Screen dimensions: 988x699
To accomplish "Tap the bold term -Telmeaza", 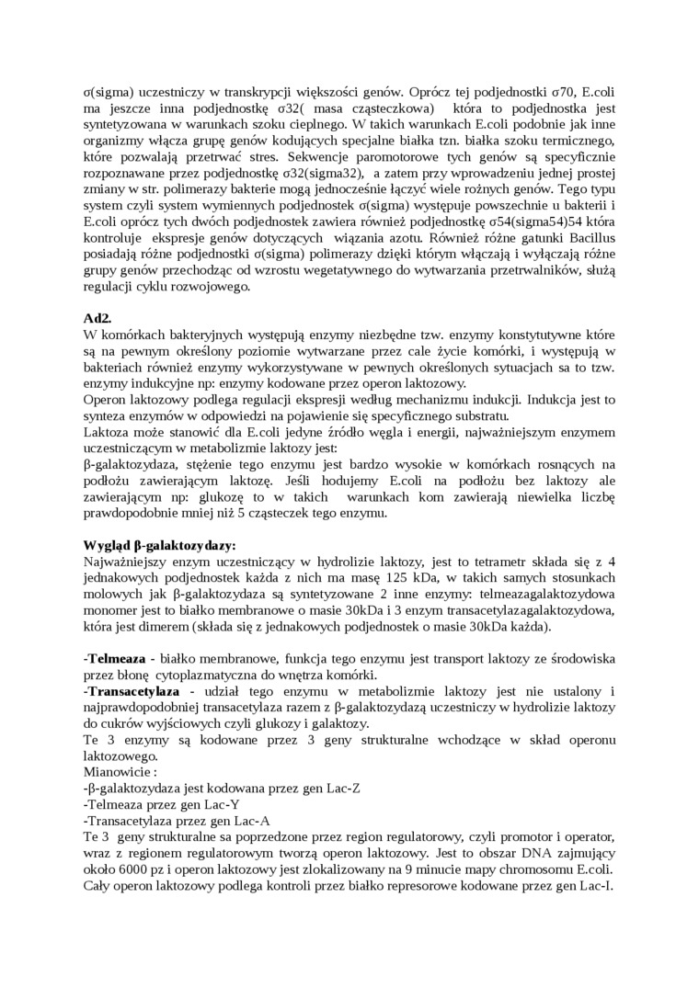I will pos(116,660).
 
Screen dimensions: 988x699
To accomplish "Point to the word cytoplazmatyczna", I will pos(211,675).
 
